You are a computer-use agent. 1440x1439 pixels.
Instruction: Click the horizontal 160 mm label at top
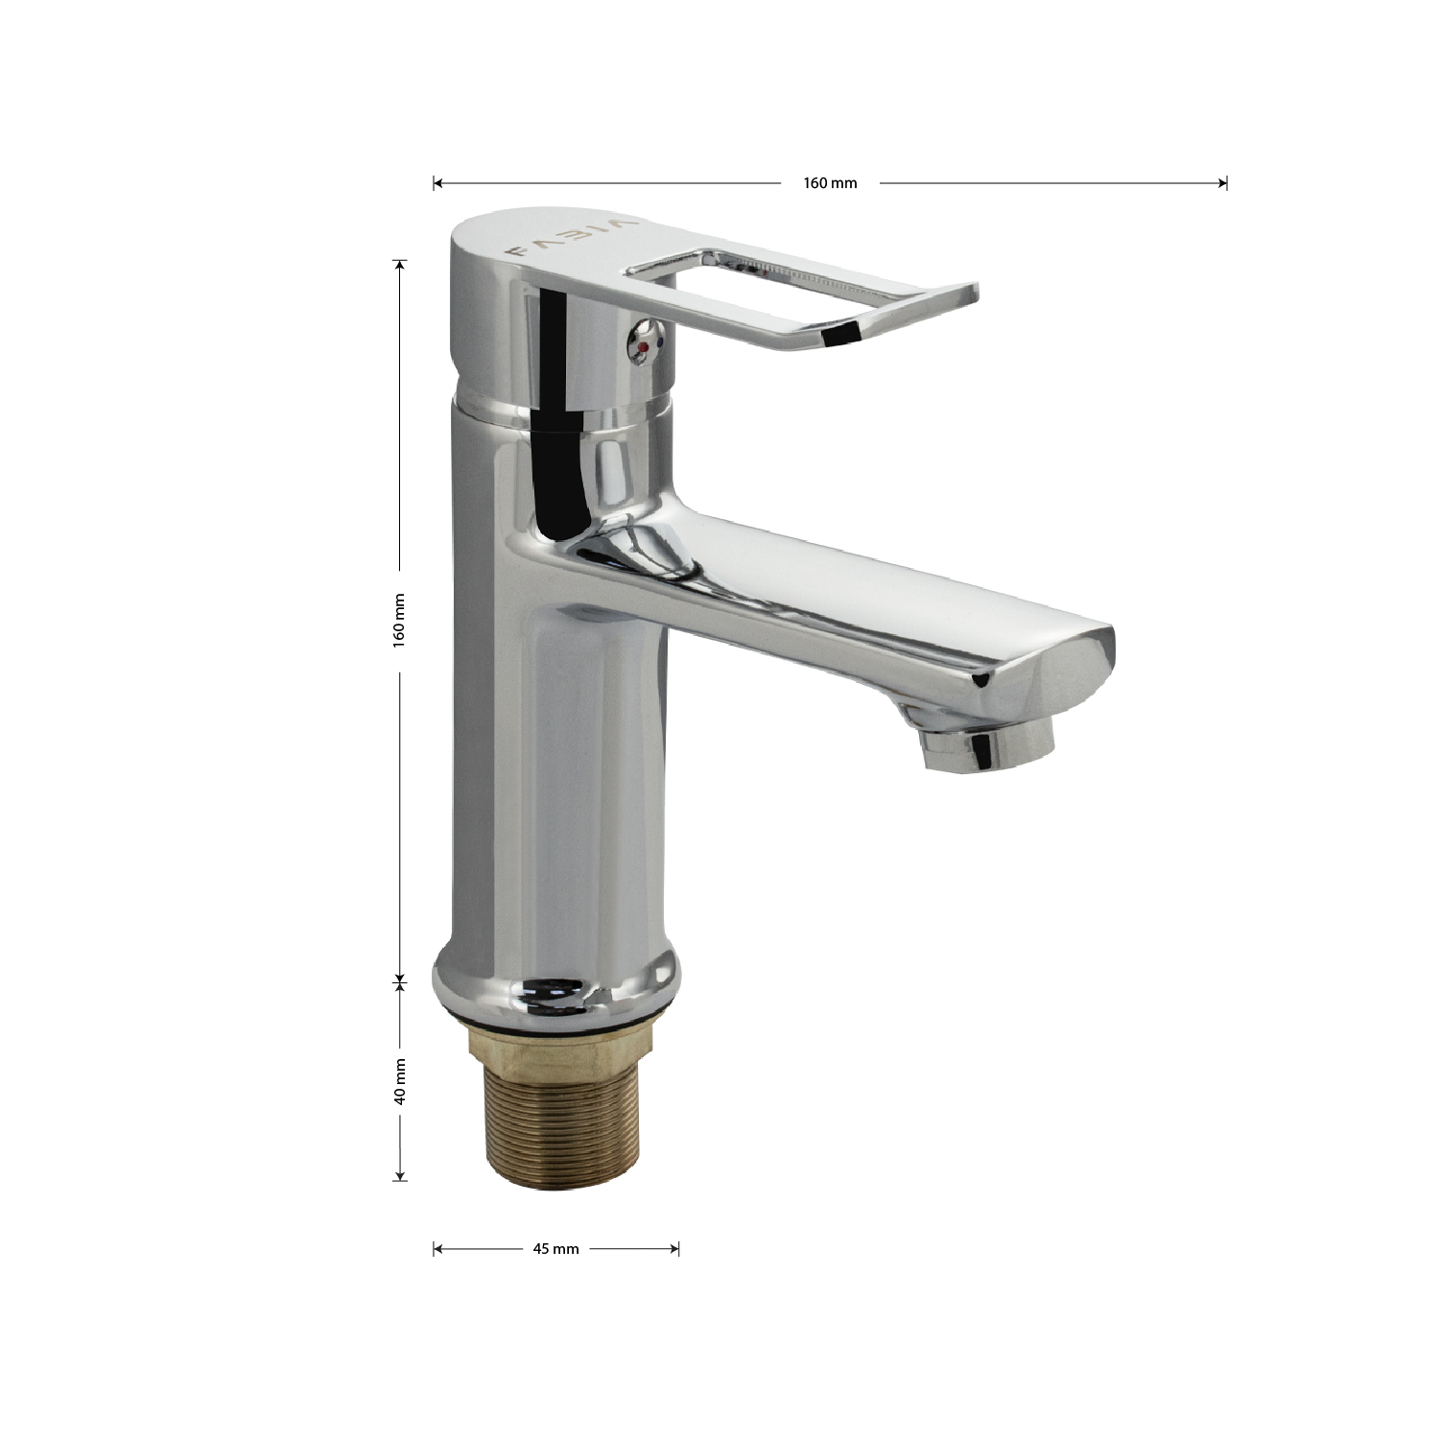[x=830, y=183]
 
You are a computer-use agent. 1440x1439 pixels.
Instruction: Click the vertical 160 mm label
[x=400, y=619]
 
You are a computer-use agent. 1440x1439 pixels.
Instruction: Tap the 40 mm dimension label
[x=400, y=1080]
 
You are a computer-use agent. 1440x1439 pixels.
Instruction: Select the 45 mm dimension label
[x=556, y=1249]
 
